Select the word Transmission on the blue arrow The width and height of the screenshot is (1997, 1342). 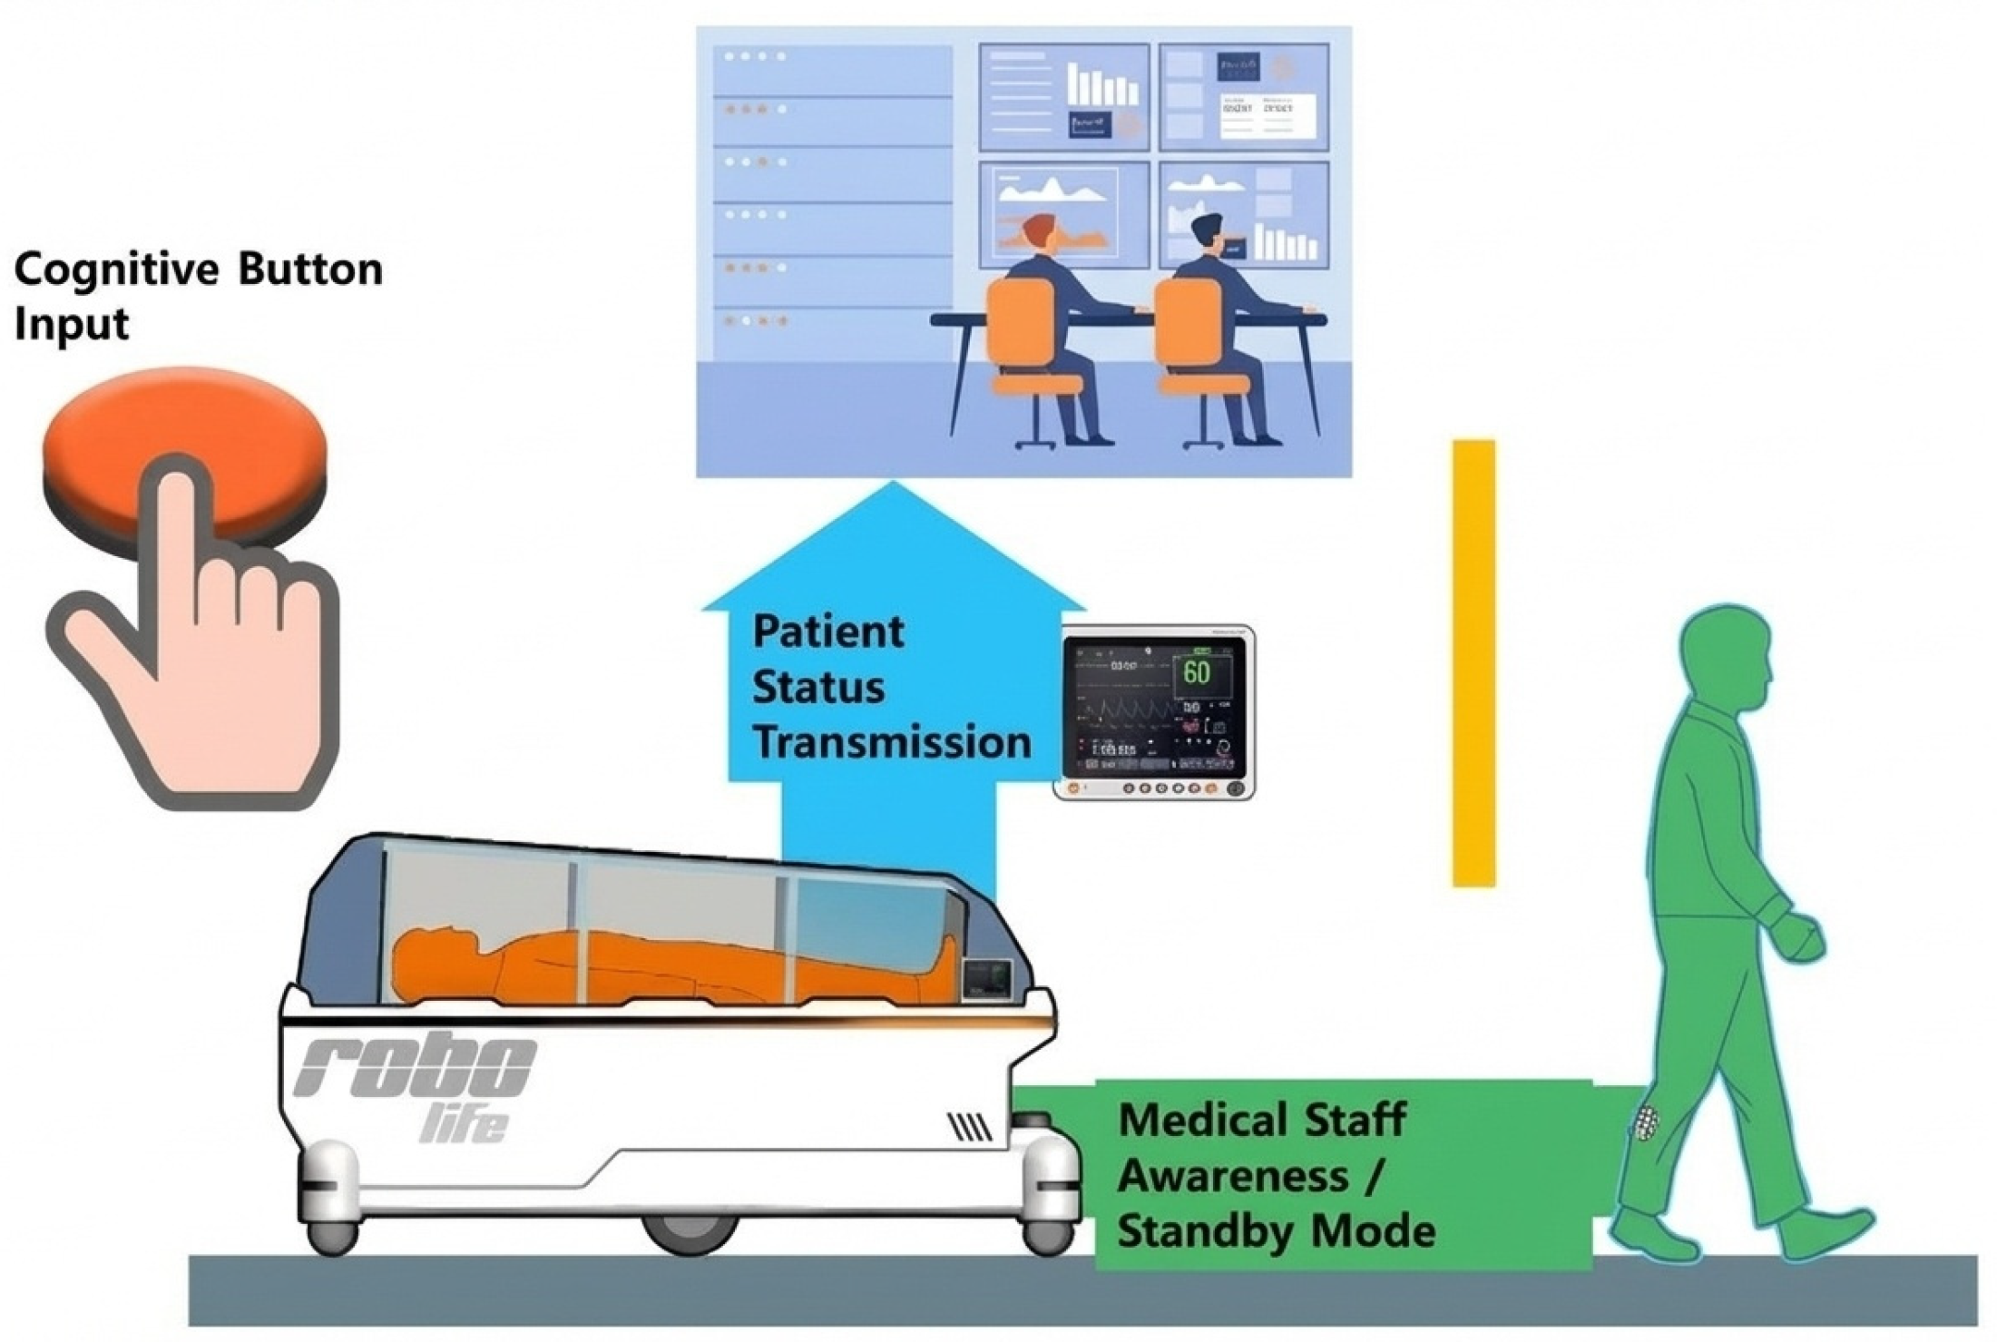[x=891, y=742]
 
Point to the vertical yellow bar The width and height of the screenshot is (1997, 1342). [x=1473, y=662]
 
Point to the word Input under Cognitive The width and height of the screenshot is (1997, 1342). [x=71, y=324]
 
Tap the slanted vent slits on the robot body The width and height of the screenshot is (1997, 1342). [x=969, y=1127]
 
